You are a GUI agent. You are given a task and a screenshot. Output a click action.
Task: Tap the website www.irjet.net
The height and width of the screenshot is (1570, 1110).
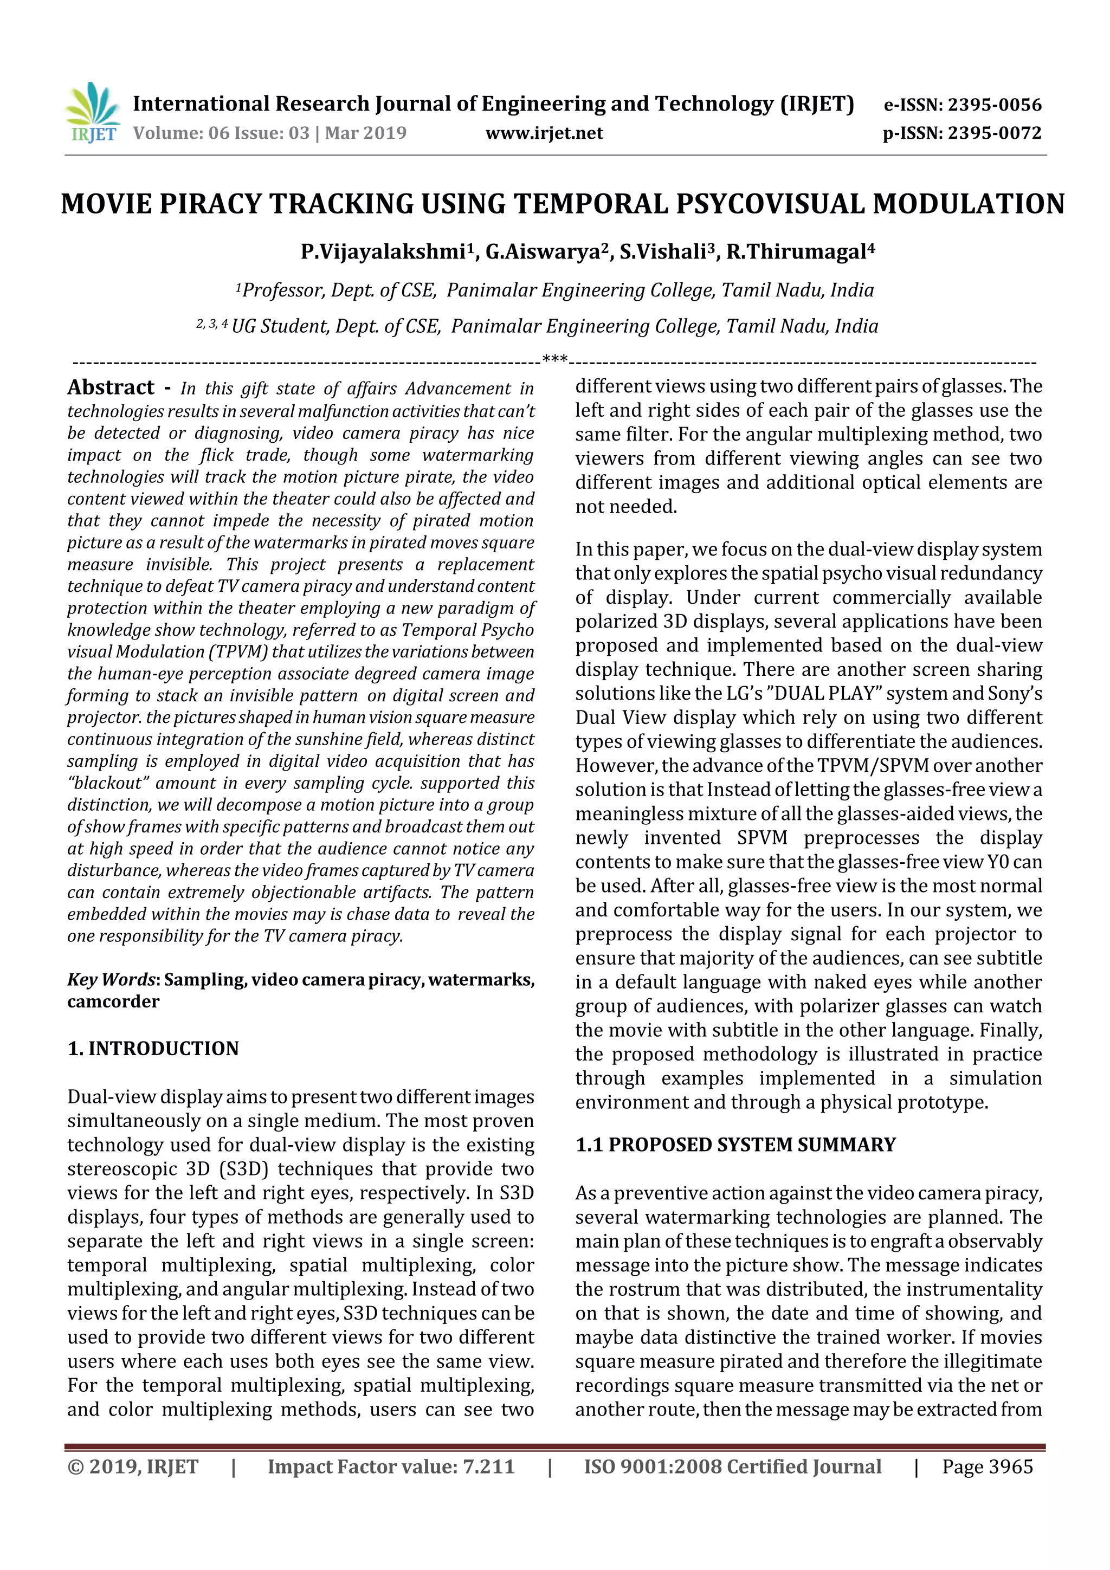tap(544, 133)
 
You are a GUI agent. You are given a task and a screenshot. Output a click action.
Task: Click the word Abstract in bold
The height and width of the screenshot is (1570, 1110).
tap(111, 387)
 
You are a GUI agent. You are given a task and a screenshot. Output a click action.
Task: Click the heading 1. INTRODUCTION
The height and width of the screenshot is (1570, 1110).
tap(153, 1049)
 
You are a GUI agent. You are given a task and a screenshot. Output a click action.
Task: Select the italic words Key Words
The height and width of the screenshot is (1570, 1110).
tap(111, 980)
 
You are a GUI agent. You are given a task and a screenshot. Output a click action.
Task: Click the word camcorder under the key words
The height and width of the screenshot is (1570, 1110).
tap(113, 1002)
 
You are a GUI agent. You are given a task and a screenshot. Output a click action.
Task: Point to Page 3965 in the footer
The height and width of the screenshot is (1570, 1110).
tap(987, 1466)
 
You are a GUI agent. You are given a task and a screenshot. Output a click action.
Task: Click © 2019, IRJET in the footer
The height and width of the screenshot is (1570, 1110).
tap(133, 1466)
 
